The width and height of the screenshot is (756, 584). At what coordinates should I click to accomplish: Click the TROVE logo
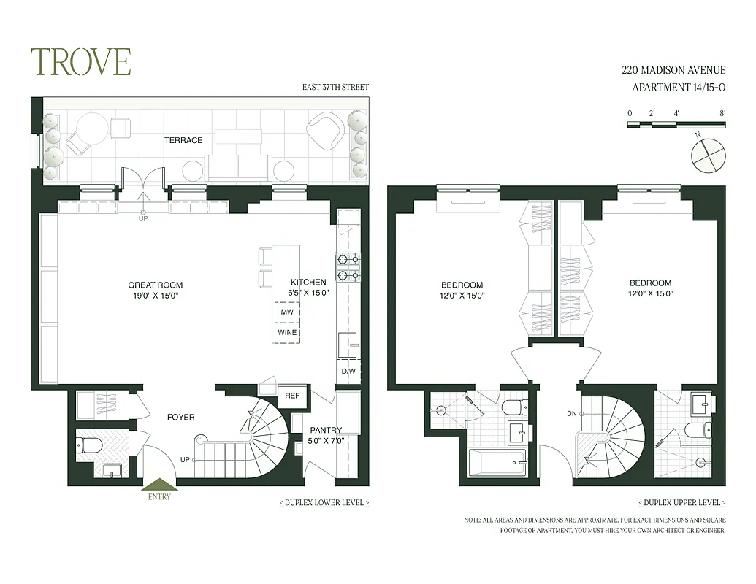pos(80,62)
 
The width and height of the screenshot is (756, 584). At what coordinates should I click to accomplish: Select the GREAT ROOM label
pos(155,290)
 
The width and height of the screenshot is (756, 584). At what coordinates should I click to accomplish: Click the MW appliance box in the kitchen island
pos(286,312)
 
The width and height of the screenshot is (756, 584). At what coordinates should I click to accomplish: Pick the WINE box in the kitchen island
pos(286,333)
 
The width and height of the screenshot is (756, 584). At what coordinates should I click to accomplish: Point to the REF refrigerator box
pos(292,396)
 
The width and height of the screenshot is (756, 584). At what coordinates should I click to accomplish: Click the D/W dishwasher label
pos(348,372)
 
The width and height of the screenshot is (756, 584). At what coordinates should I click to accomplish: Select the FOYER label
pos(180,417)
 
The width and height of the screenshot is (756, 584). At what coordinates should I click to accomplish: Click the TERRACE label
pos(183,140)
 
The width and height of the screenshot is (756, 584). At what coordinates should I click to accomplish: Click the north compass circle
pos(708,155)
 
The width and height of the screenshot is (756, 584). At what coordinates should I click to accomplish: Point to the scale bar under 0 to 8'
pos(676,125)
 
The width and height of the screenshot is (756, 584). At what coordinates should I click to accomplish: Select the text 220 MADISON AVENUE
pos(673,70)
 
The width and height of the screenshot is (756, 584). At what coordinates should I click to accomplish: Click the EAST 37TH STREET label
pos(335,88)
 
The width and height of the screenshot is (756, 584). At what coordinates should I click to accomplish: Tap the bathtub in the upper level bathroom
pos(497,463)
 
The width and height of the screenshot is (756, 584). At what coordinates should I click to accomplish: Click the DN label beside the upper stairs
pos(571,414)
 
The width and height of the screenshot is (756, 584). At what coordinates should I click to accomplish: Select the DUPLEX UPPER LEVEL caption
pos(681,503)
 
